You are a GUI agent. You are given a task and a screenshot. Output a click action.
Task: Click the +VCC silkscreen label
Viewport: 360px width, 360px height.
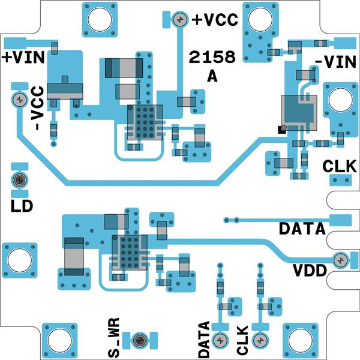215,19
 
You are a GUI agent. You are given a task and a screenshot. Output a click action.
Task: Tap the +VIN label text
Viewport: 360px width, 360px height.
20,58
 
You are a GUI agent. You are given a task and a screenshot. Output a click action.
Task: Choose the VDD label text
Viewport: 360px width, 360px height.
310,270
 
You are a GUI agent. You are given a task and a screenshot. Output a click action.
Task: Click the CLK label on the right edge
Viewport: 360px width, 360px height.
336,166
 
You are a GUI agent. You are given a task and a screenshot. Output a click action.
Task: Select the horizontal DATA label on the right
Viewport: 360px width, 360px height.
302,229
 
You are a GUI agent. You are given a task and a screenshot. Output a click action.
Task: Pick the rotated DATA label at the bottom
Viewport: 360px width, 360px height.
204,340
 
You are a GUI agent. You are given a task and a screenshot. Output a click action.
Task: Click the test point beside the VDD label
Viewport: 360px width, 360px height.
340,260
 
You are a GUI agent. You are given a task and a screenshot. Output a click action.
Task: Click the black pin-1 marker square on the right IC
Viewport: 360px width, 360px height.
280,128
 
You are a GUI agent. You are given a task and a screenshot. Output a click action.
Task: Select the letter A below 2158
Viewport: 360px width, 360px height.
211,76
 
